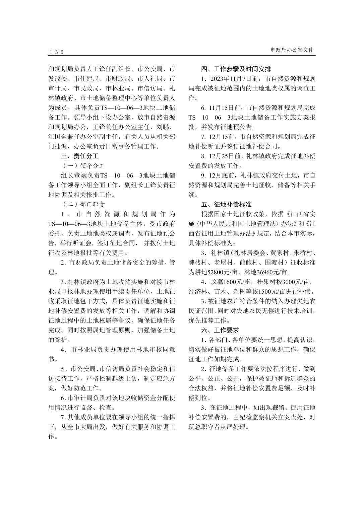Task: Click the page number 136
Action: pos(56,52)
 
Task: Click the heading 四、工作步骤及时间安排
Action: pos(236,69)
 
